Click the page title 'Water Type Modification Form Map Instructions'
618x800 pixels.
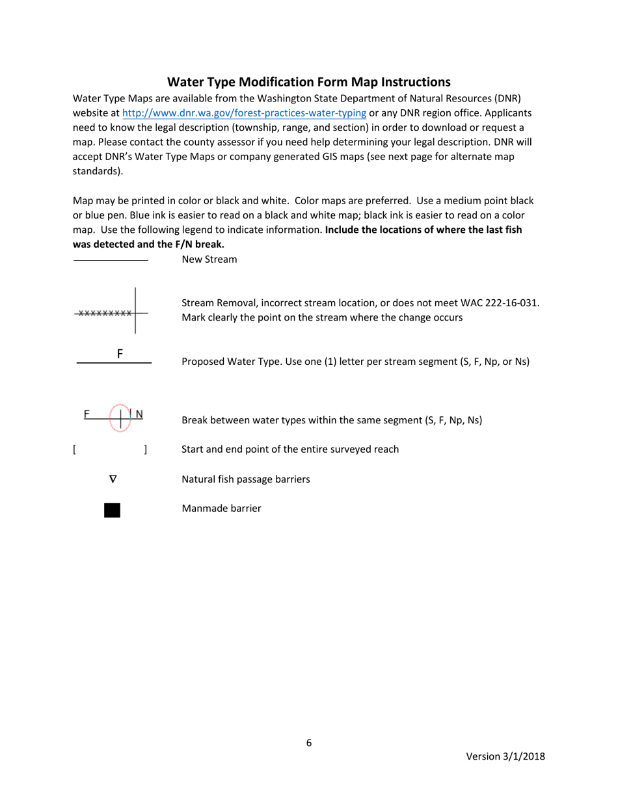[x=308, y=82]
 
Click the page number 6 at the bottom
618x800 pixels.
[x=309, y=743]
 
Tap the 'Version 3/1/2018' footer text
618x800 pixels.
[x=505, y=756]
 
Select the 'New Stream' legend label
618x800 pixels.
[x=209, y=260]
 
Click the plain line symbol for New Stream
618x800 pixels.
[x=111, y=261]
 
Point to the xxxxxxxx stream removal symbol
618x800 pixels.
[x=104, y=313]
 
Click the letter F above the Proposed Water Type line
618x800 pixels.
[x=120, y=354]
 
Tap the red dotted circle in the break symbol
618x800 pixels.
[x=120, y=418]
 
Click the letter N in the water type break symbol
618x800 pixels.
[x=139, y=414]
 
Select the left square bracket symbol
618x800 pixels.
[x=75, y=449]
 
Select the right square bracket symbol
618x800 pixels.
[x=146, y=449]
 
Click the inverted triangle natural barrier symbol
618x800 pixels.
[x=113, y=479]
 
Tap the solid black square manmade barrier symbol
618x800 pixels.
[x=112, y=510]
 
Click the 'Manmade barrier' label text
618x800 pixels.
[x=221, y=509]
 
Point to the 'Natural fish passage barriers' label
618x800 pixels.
[x=245, y=479]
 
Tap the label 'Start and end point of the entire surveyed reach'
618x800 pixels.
[x=290, y=449]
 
